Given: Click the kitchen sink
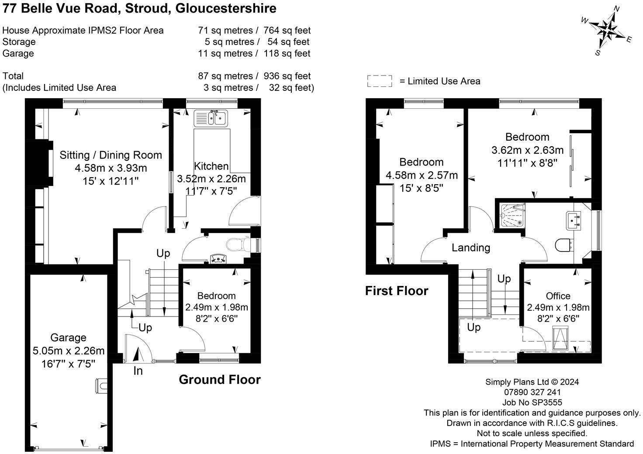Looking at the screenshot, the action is click(x=211, y=118).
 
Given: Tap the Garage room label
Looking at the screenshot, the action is click(x=68, y=337).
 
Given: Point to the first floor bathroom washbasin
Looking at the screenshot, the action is click(x=574, y=220).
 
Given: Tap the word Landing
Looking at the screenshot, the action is click(x=471, y=248).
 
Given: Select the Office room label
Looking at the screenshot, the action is click(x=558, y=296).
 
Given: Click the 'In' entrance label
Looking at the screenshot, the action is click(x=138, y=371).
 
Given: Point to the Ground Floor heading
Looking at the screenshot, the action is click(x=220, y=379).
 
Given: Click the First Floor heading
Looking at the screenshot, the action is click(x=397, y=291).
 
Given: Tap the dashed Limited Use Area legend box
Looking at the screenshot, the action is click(x=380, y=81).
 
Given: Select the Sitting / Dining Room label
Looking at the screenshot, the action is click(x=111, y=155).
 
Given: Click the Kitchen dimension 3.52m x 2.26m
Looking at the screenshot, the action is click(x=211, y=179).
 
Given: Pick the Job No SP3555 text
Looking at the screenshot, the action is click(x=532, y=402).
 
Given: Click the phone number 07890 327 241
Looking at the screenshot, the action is click(x=532, y=392).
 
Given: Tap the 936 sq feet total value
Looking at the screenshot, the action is click(x=287, y=76).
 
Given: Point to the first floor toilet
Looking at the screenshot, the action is click(x=563, y=245).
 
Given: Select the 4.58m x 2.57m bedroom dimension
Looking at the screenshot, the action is click(x=422, y=175).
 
